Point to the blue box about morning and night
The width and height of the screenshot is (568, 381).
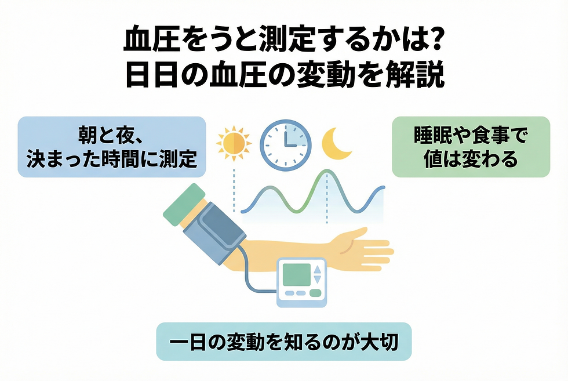pos(112,147)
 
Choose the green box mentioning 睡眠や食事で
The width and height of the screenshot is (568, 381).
pos(470,147)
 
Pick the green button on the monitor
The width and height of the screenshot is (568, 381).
pos(315,293)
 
